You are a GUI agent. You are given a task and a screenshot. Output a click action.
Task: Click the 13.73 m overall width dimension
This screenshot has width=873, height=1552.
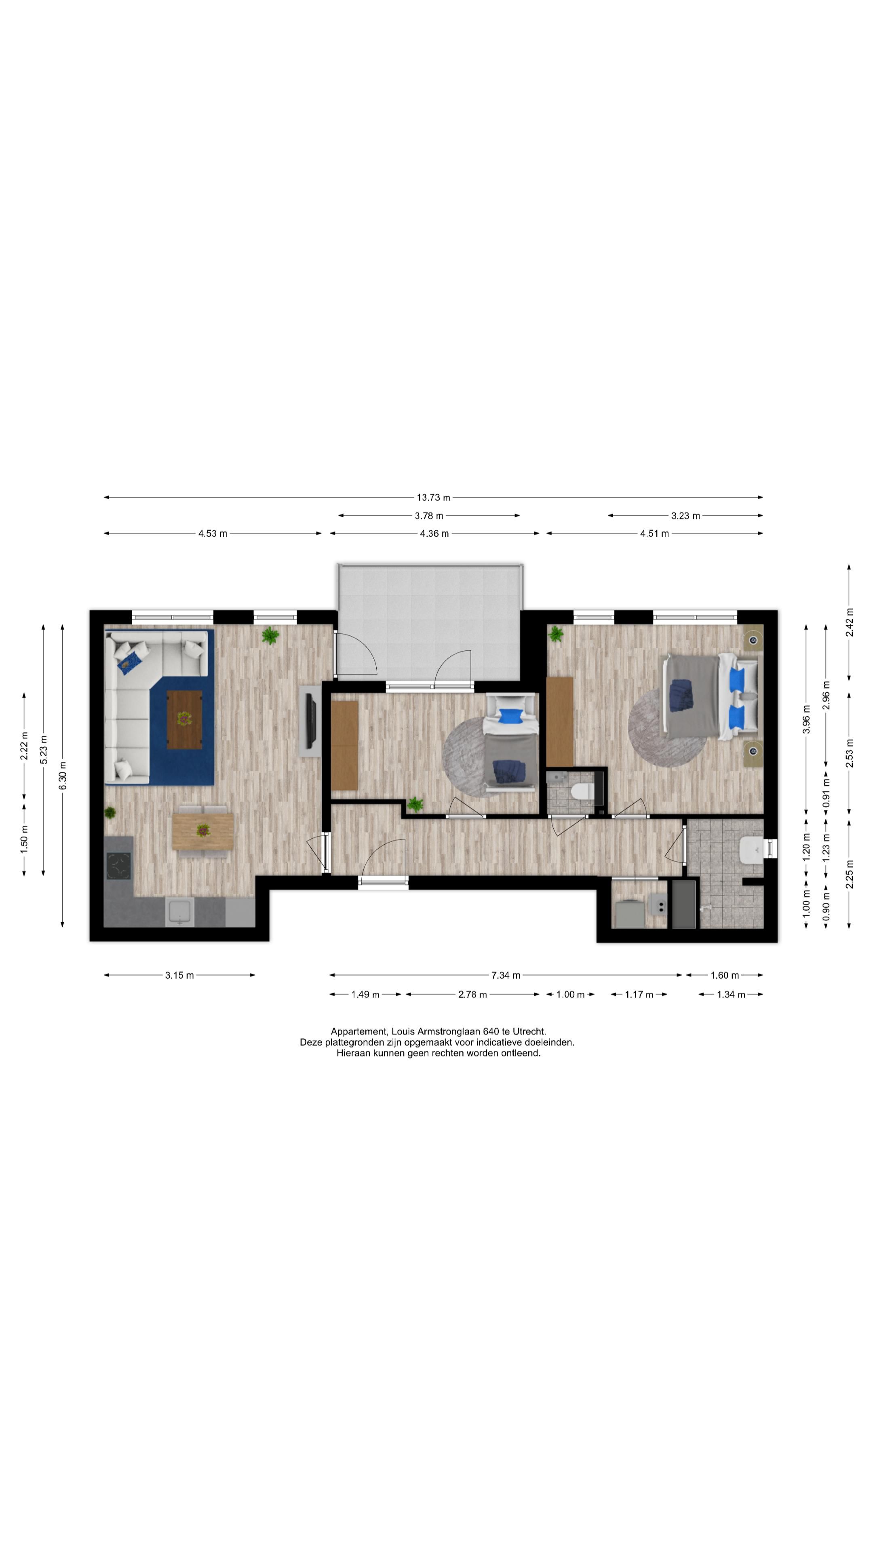tap(433, 498)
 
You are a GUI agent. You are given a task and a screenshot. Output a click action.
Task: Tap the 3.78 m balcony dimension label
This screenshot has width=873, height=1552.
tap(429, 516)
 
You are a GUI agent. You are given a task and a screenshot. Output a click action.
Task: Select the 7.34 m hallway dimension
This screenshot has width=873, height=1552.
tap(506, 975)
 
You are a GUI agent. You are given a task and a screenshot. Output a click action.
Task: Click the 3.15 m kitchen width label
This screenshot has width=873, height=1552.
tap(179, 975)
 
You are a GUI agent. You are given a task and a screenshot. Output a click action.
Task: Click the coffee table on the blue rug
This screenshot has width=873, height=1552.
tap(184, 719)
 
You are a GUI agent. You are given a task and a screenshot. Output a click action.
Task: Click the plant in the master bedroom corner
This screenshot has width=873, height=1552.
tap(555, 633)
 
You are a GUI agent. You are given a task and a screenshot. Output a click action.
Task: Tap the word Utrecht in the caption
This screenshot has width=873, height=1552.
tap(529, 1031)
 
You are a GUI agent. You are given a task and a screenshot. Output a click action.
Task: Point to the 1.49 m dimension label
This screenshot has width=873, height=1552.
tap(365, 994)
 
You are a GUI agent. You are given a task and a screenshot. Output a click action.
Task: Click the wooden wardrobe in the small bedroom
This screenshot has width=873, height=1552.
tap(345, 744)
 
